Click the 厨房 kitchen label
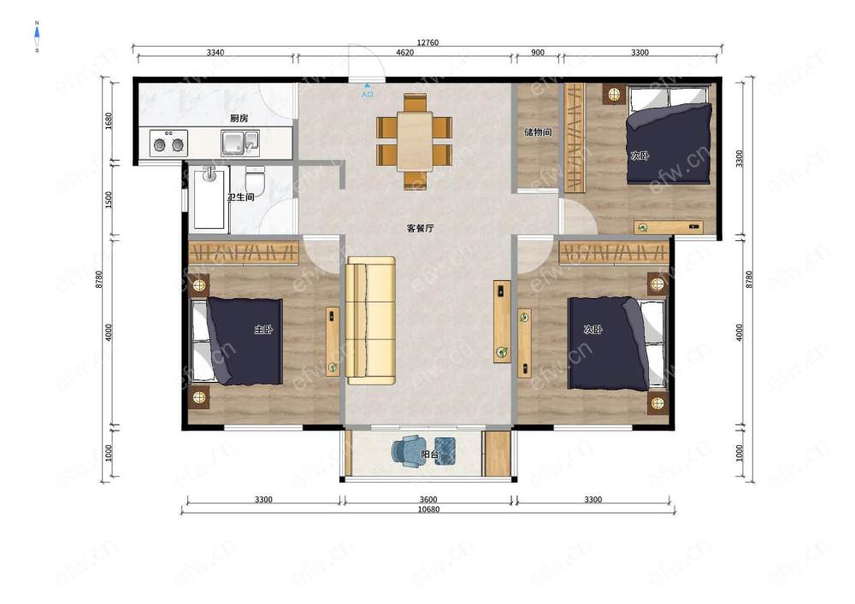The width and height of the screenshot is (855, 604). click(239, 118)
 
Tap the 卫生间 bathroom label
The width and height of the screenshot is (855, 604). click(240, 197)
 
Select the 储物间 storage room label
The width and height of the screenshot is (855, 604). click(538, 132)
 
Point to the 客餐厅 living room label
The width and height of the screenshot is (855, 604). click(421, 228)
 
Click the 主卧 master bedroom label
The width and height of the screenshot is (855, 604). click(263, 330)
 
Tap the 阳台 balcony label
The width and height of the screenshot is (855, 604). click(430, 454)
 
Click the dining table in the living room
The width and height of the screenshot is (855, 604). click(415, 141)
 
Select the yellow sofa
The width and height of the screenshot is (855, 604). click(371, 320)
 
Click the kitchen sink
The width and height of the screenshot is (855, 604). click(240, 143)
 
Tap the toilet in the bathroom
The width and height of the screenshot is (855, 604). click(255, 181)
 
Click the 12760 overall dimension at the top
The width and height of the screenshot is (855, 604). click(427, 43)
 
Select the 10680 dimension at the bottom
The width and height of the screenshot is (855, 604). click(428, 509)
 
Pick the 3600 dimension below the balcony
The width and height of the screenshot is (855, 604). click(428, 500)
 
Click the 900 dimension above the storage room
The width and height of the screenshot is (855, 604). click(538, 52)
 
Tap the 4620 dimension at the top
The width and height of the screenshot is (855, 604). click(404, 52)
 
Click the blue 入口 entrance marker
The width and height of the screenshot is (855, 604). click(368, 91)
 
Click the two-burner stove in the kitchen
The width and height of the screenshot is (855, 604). click(168, 144)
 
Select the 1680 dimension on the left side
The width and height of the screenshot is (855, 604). click(109, 121)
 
